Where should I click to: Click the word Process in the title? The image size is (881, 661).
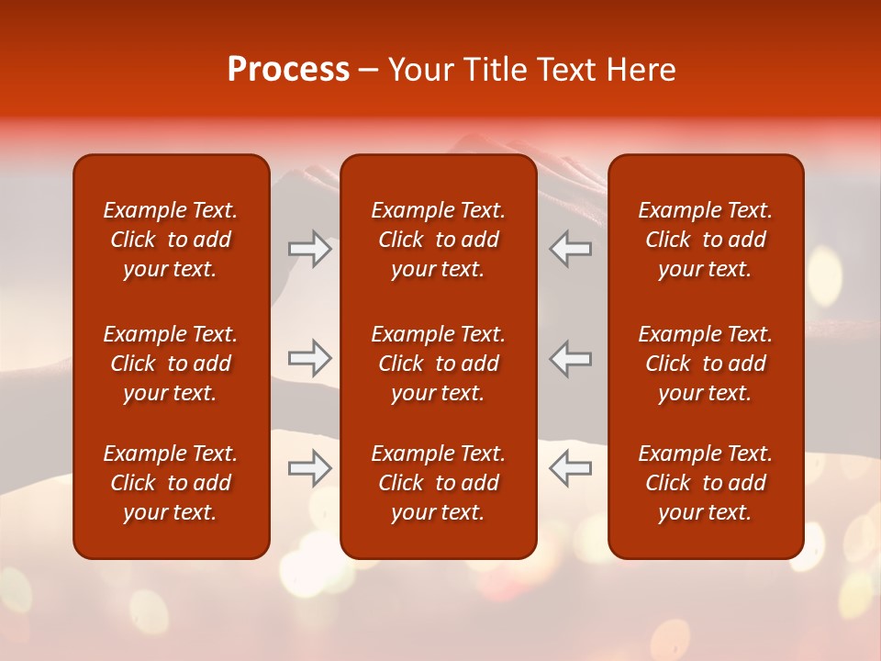point(288,70)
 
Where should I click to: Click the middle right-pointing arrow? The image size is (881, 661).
point(310,359)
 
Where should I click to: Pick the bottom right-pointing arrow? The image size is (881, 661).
point(310,468)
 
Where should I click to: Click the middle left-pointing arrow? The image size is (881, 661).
point(570,359)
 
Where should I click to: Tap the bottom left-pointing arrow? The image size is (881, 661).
point(570,468)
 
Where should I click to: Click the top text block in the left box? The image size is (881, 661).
point(171,240)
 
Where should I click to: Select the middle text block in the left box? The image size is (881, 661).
point(171,364)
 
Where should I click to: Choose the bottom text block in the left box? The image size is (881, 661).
point(171,483)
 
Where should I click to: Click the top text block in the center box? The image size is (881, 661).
point(438,240)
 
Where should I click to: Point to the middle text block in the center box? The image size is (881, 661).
point(438,364)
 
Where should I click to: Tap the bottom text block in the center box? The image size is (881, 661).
point(438,483)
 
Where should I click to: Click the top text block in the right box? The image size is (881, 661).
point(705,240)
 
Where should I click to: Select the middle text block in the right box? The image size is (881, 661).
point(705,364)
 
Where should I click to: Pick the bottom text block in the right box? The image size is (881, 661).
point(705,483)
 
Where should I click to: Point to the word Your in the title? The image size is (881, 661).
point(418,70)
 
